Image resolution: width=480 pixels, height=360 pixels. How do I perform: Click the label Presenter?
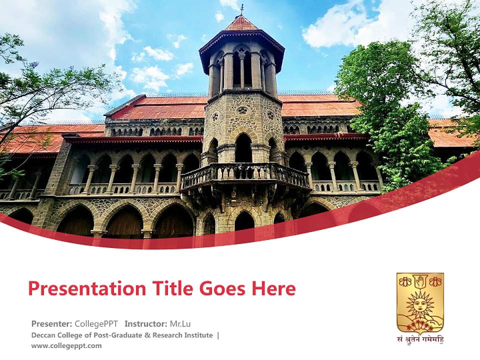point(51,323)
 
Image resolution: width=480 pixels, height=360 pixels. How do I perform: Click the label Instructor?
point(145,323)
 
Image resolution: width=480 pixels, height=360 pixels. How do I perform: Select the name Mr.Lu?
point(180,323)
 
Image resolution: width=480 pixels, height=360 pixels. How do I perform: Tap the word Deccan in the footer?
point(43,335)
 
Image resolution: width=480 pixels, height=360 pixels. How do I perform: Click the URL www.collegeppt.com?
point(66,345)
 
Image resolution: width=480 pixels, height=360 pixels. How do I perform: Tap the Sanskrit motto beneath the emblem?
point(420,339)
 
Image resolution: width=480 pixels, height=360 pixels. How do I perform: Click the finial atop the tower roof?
point(242,9)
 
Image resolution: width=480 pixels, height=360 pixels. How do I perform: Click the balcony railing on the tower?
point(245,173)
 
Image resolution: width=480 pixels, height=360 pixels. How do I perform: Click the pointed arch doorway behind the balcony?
point(243,148)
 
